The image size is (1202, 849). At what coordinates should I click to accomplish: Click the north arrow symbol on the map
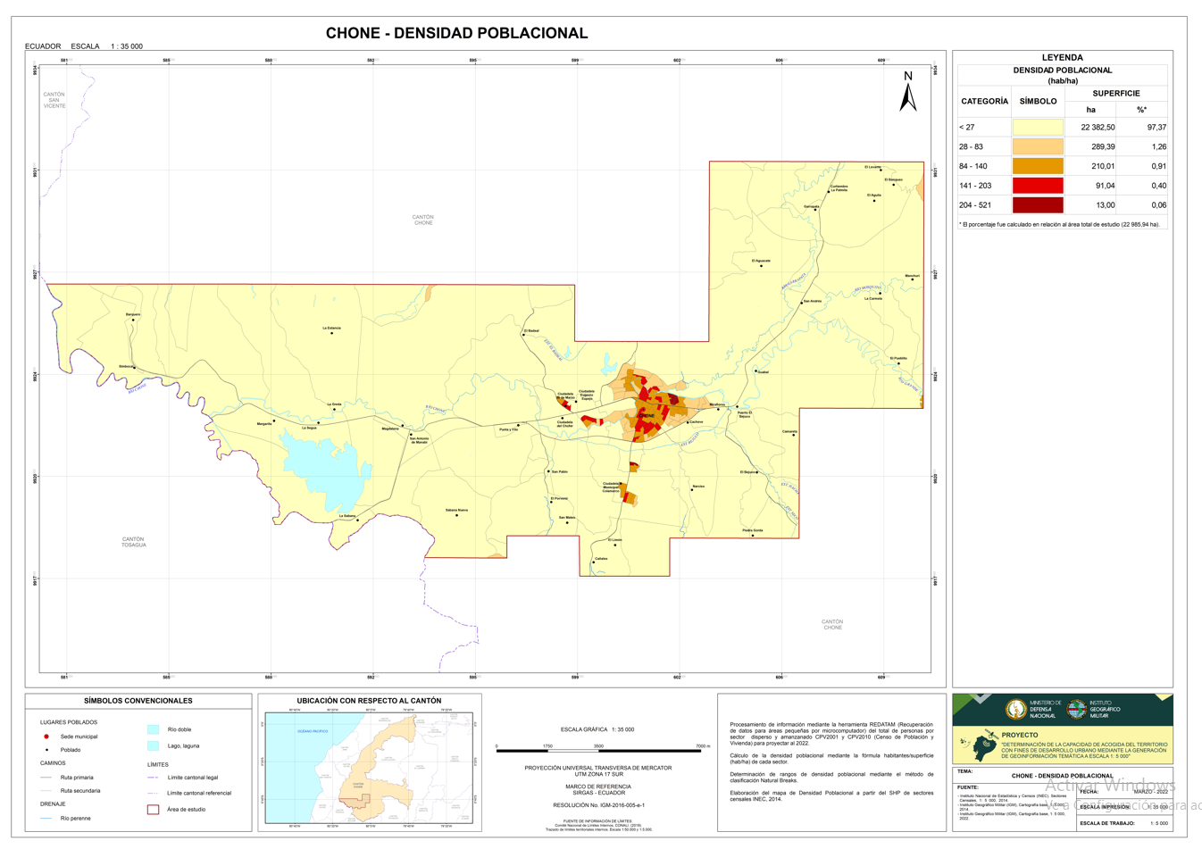point(907,94)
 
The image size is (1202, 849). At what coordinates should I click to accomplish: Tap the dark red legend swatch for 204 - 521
point(1037,205)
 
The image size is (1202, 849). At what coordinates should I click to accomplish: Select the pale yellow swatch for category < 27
point(1037,128)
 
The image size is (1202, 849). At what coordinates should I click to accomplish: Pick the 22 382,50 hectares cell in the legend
point(1097,128)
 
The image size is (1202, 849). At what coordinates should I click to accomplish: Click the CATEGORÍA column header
point(984,101)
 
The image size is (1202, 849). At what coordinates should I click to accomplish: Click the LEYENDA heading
point(1062,57)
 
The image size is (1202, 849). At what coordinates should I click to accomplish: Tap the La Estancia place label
point(331,328)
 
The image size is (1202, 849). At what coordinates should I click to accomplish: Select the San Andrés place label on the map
point(812,301)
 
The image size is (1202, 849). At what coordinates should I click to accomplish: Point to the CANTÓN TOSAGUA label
point(133,542)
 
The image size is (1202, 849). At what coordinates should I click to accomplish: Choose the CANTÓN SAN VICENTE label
point(54,100)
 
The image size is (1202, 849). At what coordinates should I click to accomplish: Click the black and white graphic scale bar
point(599,751)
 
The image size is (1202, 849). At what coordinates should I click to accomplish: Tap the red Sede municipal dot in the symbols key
point(46,737)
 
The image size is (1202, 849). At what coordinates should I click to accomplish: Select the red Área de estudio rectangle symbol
point(153,810)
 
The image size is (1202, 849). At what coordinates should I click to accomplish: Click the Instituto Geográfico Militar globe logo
point(1077,710)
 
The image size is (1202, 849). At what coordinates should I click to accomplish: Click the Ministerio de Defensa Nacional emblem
point(1015,710)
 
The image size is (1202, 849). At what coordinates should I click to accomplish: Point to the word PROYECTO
point(1020,735)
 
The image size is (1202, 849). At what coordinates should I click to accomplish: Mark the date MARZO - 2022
point(1150,791)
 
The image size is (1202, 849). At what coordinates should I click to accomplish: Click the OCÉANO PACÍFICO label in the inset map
point(313,731)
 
